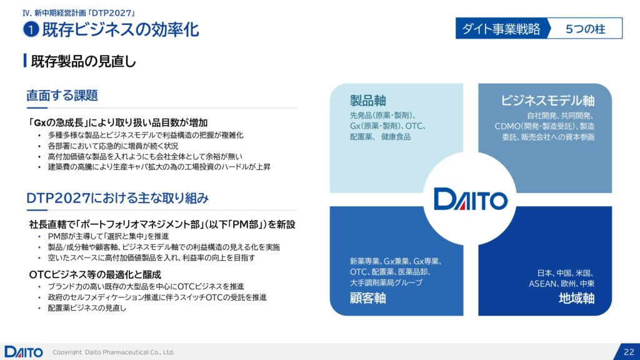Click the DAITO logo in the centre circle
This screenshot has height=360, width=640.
coord(471,199)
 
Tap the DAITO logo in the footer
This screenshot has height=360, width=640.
coord(24,352)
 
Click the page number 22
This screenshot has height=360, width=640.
coord(629,352)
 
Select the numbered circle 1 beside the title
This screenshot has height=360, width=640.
coord(31,29)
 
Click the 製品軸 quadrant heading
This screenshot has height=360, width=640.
coord(367,101)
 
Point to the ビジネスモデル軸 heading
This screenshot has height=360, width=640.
coord(547,101)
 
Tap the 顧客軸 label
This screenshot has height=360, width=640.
coord(367,298)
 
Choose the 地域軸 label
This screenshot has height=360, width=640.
coord(576,298)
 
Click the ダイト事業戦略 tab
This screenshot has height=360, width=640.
coord(501,29)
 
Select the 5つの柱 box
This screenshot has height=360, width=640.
coord(586,29)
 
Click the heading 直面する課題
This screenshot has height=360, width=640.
coord(62,95)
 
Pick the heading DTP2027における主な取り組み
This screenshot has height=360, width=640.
coord(117,198)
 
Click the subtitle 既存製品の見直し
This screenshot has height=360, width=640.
coord(83,61)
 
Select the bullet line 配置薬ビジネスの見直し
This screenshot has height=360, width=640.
coord(87,308)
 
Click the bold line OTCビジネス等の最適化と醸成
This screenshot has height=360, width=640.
coord(95,274)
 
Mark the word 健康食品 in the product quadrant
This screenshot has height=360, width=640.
coord(396,137)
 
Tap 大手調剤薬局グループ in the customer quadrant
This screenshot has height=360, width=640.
coord(386,282)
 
